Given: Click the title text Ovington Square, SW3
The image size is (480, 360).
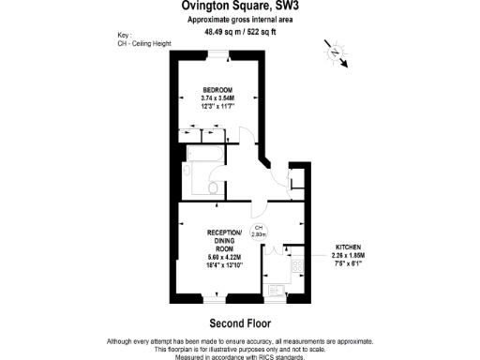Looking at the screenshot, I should click(239, 6).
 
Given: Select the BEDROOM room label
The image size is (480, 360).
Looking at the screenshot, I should click(217, 89).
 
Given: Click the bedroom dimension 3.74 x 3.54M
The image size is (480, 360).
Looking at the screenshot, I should click(217, 97).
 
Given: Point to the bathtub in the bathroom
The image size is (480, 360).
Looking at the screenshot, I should click(203, 155).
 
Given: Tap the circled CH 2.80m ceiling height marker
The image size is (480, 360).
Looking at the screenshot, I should click(259, 232).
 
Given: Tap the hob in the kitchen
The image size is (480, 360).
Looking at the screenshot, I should click(297, 267).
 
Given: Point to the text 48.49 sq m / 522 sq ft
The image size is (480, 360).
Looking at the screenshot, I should click(239, 31).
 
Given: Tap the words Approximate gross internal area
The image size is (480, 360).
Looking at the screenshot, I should click(239, 19).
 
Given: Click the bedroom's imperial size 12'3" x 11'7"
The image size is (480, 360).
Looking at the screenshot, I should click(217, 106).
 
